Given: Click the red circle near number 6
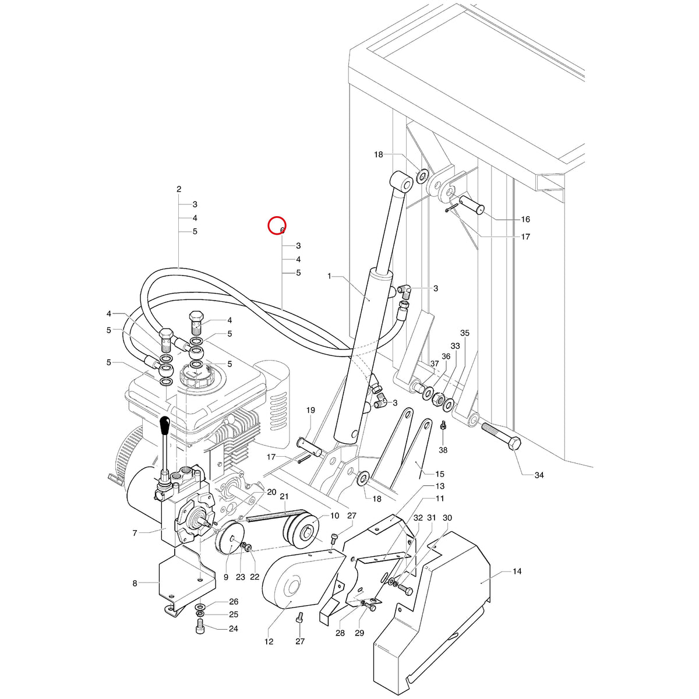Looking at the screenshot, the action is tap(277, 225).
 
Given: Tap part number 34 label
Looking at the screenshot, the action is tap(539, 475).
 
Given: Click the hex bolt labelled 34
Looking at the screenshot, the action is tap(502, 436).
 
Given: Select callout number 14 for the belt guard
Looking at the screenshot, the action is tap(517, 571).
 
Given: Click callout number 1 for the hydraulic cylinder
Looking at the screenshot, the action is tap(329, 276).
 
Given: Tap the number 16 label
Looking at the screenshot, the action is tap(525, 219).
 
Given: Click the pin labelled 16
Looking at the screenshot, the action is tap(472, 206).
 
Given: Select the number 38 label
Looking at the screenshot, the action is tap(443, 450).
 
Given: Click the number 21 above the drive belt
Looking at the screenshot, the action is tap(284, 496).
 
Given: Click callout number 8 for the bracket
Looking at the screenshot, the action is tap(135, 583).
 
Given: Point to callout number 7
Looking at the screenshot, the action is tap(135, 533).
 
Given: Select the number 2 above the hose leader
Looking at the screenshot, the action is tap(179, 189).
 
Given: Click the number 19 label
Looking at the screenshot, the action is tap(310, 410).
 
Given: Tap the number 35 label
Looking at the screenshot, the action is tap(465, 333).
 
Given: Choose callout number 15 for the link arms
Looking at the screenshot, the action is tap(440, 474).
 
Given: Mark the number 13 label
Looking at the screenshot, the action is tap(440, 486).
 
